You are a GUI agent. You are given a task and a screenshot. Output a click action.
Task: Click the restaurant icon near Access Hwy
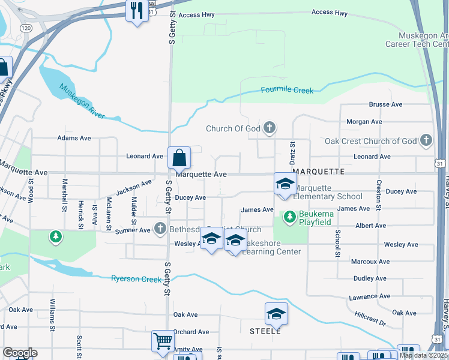coord(137,10)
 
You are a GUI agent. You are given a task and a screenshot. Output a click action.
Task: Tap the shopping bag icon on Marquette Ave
coord(179,158)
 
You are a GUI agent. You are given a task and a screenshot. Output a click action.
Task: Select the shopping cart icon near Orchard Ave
coord(162,341)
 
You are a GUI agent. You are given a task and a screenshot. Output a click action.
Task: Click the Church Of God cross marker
coord(270,127)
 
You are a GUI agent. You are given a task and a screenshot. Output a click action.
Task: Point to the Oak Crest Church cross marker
coord(426,140)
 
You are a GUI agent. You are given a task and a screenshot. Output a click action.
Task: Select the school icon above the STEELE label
coord(276,314)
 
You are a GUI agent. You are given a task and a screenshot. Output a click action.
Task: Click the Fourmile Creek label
coord(288,91)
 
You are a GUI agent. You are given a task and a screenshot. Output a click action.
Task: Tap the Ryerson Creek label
coord(136,279)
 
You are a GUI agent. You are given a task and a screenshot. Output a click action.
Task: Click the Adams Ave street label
coord(74,138)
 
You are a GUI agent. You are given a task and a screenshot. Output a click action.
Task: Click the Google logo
coord(20,353)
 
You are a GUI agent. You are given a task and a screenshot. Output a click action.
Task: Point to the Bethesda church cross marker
coord(160,228)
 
